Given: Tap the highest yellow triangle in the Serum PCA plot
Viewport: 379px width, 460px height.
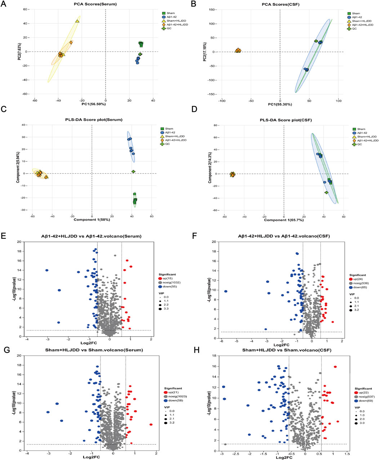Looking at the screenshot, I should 77,21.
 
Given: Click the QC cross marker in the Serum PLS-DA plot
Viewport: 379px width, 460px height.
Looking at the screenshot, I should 133,172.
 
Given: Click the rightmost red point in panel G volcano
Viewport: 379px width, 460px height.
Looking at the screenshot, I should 151,425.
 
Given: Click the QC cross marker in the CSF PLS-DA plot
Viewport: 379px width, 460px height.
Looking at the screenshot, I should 326,193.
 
